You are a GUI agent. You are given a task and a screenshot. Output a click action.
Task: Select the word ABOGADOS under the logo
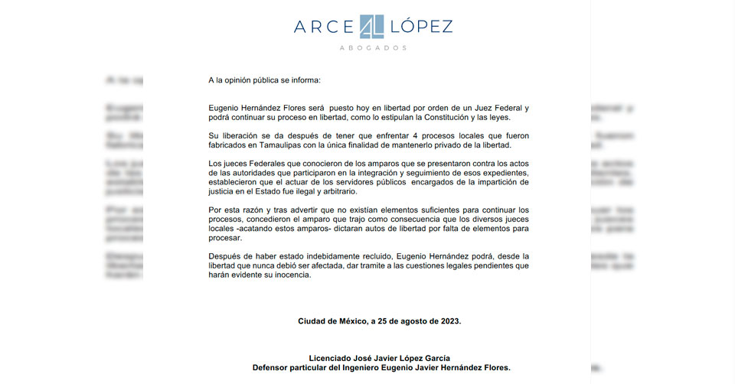(x=373, y=48)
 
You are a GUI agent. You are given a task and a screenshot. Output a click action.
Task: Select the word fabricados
(x=228, y=145)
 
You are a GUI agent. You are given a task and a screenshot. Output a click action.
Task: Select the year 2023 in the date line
(x=448, y=321)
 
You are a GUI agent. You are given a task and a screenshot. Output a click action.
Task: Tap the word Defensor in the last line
(x=273, y=368)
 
